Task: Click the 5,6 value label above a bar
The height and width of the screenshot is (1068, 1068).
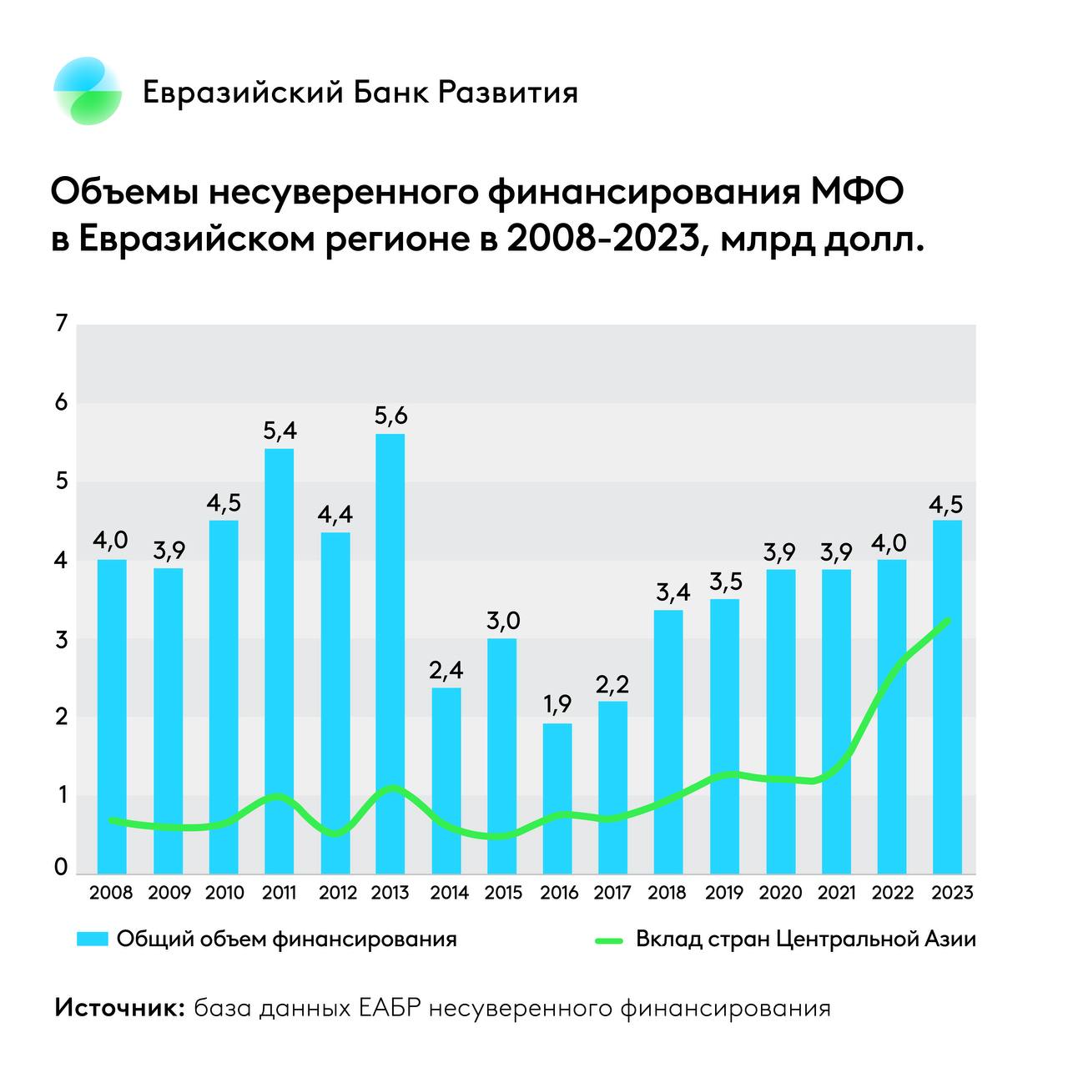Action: (x=390, y=415)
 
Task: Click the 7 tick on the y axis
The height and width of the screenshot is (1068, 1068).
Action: (x=60, y=324)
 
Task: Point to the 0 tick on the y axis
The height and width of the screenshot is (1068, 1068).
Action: (x=60, y=868)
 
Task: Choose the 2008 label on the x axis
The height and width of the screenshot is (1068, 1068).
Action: (x=111, y=893)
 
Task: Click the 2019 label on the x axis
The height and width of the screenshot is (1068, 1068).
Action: (x=723, y=893)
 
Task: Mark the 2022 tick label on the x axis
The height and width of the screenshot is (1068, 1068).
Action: (x=893, y=893)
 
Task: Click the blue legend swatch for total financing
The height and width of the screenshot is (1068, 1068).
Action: (x=93, y=940)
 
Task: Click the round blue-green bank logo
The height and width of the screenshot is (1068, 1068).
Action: (x=87, y=91)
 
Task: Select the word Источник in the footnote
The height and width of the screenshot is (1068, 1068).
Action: (x=118, y=1008)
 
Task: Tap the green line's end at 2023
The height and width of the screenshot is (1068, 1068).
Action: (x=947, y=620)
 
